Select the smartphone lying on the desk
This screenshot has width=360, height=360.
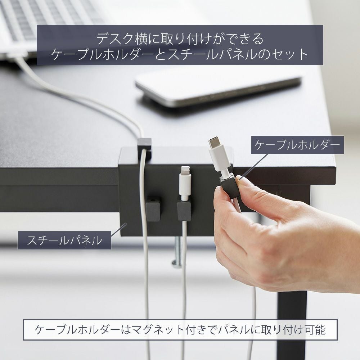pos(218,90)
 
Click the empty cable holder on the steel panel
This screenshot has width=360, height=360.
pos(153,208)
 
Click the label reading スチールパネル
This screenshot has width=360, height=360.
pos(64,240)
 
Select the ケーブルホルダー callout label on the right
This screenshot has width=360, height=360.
pos(297,145)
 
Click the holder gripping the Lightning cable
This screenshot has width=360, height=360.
pos(184,210)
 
